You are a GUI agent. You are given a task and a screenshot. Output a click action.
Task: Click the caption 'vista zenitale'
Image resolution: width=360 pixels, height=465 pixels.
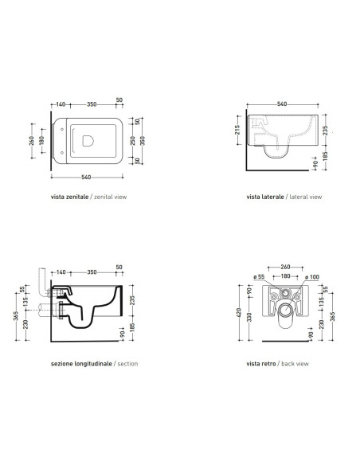coord(69,197)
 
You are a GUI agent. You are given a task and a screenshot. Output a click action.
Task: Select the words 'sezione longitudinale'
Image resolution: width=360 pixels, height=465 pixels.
coord(81,364)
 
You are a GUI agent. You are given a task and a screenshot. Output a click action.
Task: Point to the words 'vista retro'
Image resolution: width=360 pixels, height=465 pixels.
coord(261,364)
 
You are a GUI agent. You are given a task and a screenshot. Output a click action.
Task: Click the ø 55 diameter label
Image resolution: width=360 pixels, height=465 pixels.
coord(259,276)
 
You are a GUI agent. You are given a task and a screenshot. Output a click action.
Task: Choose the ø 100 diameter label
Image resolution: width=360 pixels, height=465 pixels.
coord(312,277)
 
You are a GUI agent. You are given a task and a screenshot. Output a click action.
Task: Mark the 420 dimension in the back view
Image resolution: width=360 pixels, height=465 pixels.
coord(239,312)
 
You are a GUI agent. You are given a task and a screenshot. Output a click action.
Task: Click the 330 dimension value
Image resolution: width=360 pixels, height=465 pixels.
coord(249,317)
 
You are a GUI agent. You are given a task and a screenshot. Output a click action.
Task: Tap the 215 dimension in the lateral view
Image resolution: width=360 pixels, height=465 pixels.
coord(237,130)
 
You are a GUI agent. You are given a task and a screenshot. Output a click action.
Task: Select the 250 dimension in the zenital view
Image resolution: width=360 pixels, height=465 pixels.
coord(133,141)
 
